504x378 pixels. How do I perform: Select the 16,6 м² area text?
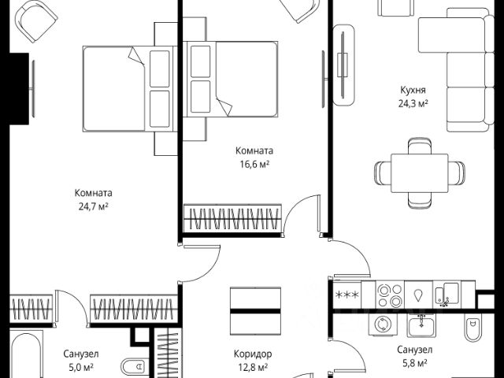[x=254, y=164]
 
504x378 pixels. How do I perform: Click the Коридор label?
[x=253, y=354]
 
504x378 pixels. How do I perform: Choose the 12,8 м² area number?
[x=253, y=366]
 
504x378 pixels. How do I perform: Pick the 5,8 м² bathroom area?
[x=412, y=363]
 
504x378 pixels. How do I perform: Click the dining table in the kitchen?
[x=411, y=170]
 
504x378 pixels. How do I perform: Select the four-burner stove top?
[x=389, y=295]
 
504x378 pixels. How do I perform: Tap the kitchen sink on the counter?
[x=447, y=295]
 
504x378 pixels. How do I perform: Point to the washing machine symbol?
[x=383, y=323]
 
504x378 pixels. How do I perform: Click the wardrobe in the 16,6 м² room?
[x=232, y=220]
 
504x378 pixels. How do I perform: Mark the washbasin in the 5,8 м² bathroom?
[x=424, y=323]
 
